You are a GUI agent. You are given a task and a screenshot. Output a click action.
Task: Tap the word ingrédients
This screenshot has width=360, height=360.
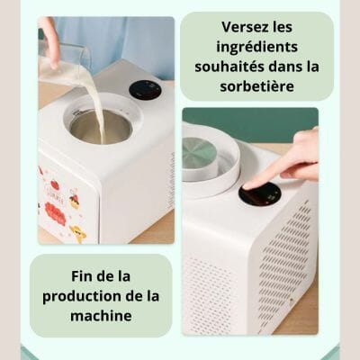tap(257, 48)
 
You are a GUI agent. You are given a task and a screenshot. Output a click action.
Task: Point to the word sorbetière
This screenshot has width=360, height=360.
tap(257, 86)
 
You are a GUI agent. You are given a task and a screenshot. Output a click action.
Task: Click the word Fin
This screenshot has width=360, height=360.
tap(82, 276)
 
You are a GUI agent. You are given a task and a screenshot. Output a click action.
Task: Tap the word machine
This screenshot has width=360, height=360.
tap(101, 316)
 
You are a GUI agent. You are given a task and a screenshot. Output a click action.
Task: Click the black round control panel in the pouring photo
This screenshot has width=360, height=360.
tap(145, 90)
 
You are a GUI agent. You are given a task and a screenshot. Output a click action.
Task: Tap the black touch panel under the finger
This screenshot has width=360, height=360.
tap(260, 193)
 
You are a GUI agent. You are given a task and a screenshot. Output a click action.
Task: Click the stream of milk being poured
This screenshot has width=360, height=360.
tap(98, 111)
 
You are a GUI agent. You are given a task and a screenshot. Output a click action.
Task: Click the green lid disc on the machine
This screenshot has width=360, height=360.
tap(199, 154)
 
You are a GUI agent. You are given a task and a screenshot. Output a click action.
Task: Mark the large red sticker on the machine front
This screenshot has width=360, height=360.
tap(56, 213)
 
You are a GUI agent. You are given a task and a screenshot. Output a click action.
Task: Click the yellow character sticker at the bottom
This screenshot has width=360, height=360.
tap(78, 233)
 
